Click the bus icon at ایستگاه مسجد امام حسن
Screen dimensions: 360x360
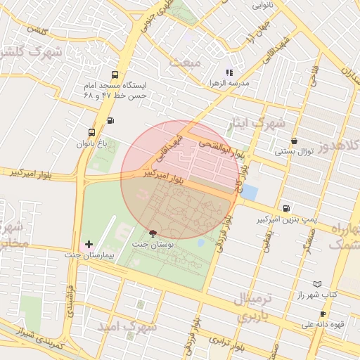(x=114, y=75)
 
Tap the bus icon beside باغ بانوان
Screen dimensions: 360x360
(x=92, y=132)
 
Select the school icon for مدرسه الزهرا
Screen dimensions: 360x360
(x=228, y=72)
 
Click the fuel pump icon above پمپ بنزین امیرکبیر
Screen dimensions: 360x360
(x=286, y=208)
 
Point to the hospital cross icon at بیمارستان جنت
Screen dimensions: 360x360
(x=88, y=243)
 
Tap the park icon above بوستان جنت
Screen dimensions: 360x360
(x=153, y=233)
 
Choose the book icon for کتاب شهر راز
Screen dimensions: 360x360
(x=317, y=284)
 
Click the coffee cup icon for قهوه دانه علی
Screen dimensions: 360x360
(x=323, y=314)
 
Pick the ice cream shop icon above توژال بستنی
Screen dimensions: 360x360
(x=293, y=141)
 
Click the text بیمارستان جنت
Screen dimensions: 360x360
(x=88, y=255)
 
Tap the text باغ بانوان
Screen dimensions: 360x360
(x=91, y=143)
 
